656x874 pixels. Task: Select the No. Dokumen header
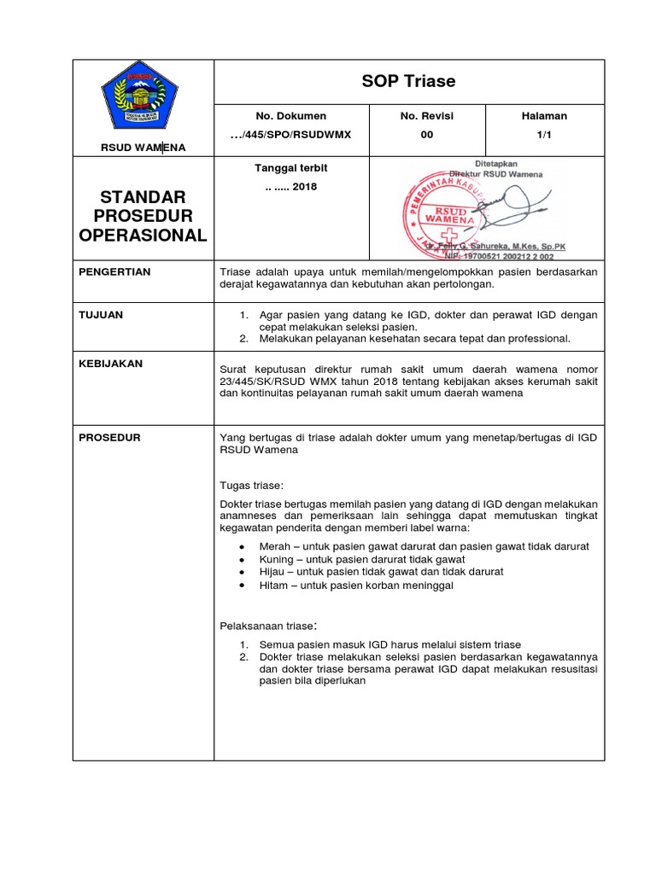[290, 116]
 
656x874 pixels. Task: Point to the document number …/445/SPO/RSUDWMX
[291, 135]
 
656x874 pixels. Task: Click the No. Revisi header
[427, 116]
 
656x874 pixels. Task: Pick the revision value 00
[427, 135]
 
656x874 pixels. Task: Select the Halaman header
[544, 116]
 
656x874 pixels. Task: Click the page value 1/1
[544, 135]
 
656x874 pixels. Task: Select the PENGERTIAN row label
[114, 271]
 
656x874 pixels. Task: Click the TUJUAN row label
[101, 315]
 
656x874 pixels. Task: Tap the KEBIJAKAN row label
[111, 364]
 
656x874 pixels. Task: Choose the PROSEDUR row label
[109, 438]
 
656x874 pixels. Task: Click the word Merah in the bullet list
[274, 545]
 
